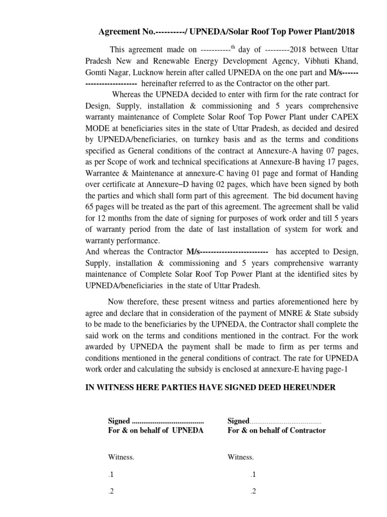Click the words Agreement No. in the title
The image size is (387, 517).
[123, 32]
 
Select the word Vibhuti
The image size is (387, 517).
[312, 61]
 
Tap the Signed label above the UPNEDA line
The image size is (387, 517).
[119, 421]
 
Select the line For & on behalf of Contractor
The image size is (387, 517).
[277, 431]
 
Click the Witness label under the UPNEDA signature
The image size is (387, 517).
[121, 457]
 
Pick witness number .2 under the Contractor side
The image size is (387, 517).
[253, 492]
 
